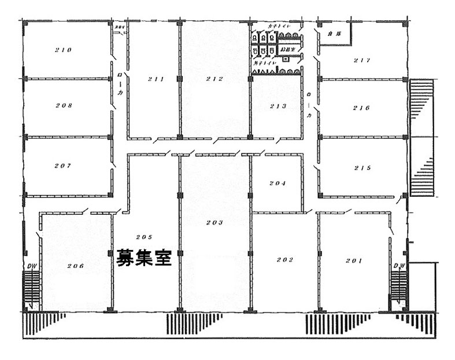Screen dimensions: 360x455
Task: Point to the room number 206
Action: coord(76,266)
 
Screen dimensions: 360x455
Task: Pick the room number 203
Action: coord(214,222)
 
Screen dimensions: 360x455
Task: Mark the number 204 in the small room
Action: coord(277,183)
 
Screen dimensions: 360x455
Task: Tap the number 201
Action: coord(354,261)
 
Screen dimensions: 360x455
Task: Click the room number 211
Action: coord(156,79)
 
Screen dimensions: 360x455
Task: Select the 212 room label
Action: coord(214,79)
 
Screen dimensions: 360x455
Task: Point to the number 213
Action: coord(278,106)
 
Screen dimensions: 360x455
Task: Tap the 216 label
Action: coord(361,108)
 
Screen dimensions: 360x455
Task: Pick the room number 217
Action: coord(361,60)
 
